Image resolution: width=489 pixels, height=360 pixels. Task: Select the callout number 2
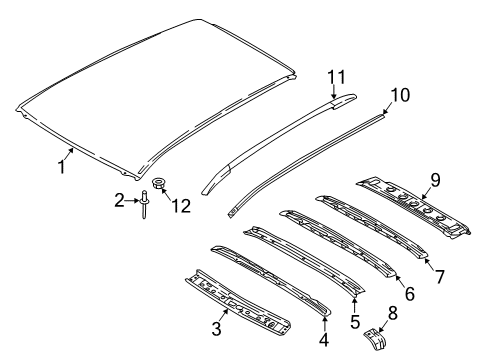click(x=119, y=201)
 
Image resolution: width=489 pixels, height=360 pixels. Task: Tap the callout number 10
click(x=398, y=95)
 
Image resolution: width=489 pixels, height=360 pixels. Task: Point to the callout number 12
click(x=180, y=205)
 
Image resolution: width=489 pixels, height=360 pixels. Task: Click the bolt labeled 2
click(x=144, y=205)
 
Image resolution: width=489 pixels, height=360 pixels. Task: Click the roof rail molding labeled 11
click(x=270, y=140)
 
